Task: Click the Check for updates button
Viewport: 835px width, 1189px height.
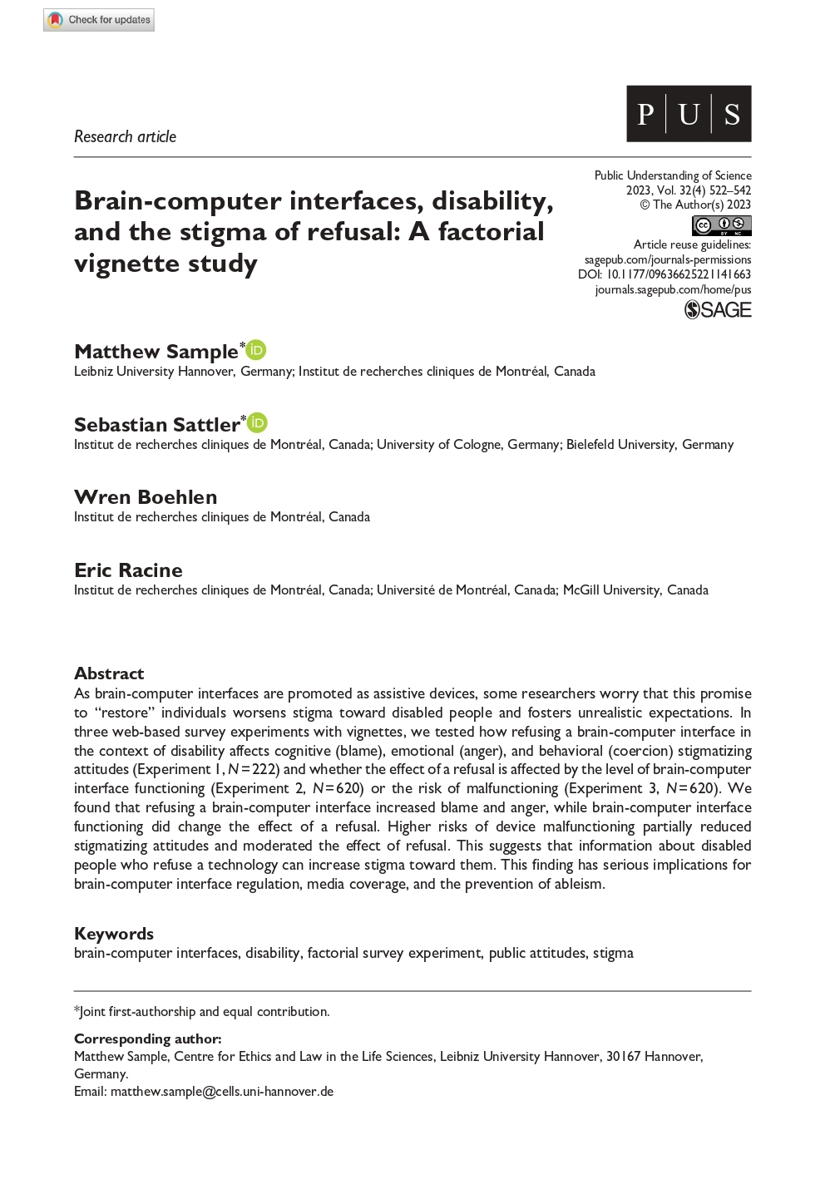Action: (x=99, y=20)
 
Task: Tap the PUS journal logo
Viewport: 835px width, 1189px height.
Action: (x=688, y=114)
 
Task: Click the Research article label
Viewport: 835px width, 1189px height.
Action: (x=125, y=136)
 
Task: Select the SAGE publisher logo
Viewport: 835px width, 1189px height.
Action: (x=718, y=310)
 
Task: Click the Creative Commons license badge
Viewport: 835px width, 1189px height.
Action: (x=721, y=225)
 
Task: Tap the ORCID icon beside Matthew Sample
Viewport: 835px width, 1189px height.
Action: (x=257, y=350)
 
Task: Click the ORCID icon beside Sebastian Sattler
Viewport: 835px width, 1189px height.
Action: (x=258, y=423)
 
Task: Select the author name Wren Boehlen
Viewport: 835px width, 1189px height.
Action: (x=146, y=497)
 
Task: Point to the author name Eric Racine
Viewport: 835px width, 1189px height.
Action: (x=128, y=570)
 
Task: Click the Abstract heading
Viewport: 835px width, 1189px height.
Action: (x=109, y=673)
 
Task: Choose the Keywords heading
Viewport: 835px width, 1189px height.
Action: (x=114, y=934)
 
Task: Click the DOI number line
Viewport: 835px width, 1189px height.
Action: (x=665, y=274)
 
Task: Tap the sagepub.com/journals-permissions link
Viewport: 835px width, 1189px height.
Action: (x=668, y=259)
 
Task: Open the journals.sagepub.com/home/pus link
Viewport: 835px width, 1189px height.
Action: (x=673, y=289)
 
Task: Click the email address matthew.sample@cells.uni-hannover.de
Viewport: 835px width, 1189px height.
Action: (x=222, y=1092)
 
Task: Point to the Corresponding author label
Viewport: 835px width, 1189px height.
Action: (x=148, y=1039)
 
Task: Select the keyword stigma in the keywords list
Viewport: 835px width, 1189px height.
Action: (x=613, y=953)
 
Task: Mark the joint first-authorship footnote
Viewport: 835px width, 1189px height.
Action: (x=202, y=1012)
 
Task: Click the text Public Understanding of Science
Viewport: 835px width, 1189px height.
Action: (x=673, y=175)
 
